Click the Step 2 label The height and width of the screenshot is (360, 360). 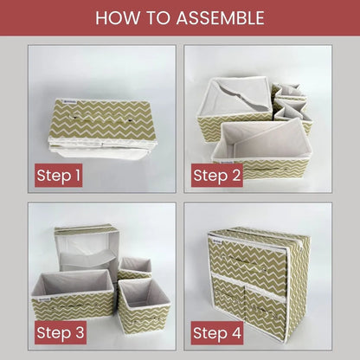click(x=216, y=177)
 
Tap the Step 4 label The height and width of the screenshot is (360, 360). click(x=216, y=331)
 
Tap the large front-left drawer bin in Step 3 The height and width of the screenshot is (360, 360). click(x=74, y=299)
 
